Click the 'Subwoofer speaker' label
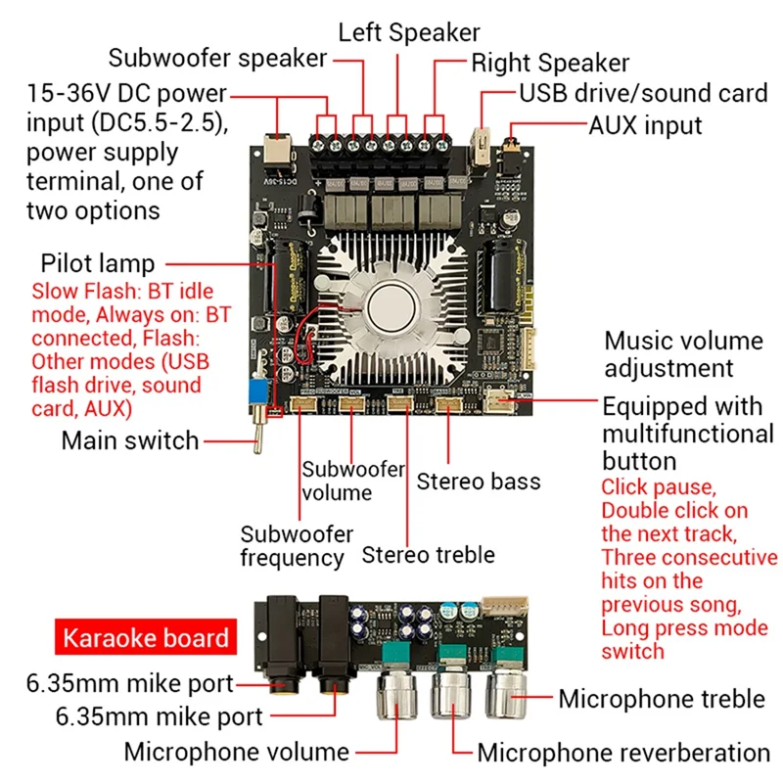[x=217, y=58]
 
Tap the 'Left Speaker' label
[x=409, y=31]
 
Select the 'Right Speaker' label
[x=550, y=64]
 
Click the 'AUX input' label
[x=645, y=125]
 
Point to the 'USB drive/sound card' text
[x=642, y=94]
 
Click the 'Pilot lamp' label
[x=98, y=263]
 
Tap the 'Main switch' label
[x=130, y=440]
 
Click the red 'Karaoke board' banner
[x=146, y=638]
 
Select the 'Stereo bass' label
[x=478, y=482]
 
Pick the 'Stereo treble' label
[x=428, y=555]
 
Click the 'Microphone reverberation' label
[x=623, y=753]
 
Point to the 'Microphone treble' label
[x=662, y=699]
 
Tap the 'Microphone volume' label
[x=236, y=752]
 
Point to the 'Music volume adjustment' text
[x=682, y=354]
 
